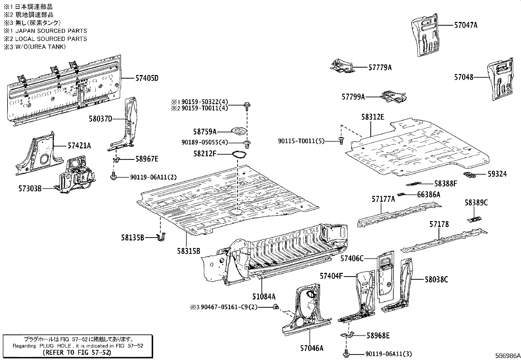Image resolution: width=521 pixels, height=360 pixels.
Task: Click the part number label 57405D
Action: pos(147,78)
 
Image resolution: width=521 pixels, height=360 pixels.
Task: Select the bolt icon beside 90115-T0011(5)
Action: pos(341,141)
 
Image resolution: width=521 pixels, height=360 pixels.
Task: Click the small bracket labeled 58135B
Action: pos(161,237)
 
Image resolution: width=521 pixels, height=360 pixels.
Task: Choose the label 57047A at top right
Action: pos(465,25)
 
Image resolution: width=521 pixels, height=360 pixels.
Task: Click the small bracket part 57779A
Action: pos(342,66)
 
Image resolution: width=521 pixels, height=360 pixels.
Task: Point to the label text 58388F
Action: pos(445,184)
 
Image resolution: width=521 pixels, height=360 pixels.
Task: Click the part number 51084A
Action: pos(263,297)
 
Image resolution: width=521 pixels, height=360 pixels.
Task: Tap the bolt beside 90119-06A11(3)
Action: pos(346,354)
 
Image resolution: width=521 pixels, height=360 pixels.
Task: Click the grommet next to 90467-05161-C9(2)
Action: pos(276,307)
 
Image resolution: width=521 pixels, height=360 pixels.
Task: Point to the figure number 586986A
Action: pos(507,356)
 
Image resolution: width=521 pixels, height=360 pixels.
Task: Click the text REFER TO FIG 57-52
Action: pos(77,352)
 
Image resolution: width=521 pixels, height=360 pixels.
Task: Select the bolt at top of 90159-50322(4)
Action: pos(247,105)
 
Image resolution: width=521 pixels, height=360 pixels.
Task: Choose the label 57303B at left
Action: pos(30,188)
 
